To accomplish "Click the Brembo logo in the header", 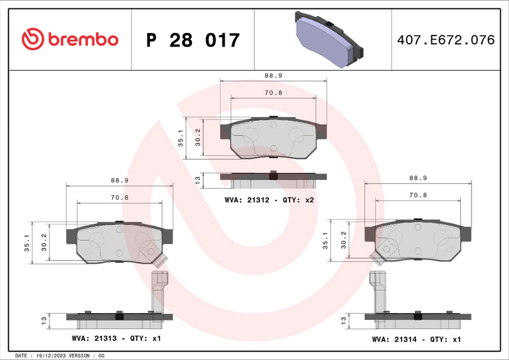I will point(70,39).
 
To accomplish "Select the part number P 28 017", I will point(193,40).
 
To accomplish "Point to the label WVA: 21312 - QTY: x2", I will point(270,200).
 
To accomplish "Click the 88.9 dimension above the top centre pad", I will point(274,75).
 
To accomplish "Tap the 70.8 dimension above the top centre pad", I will point(274,93).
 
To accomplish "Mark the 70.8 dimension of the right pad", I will point(417,195).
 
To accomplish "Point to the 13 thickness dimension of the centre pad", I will point(198,181).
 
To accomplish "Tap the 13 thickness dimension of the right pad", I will point(343,318).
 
